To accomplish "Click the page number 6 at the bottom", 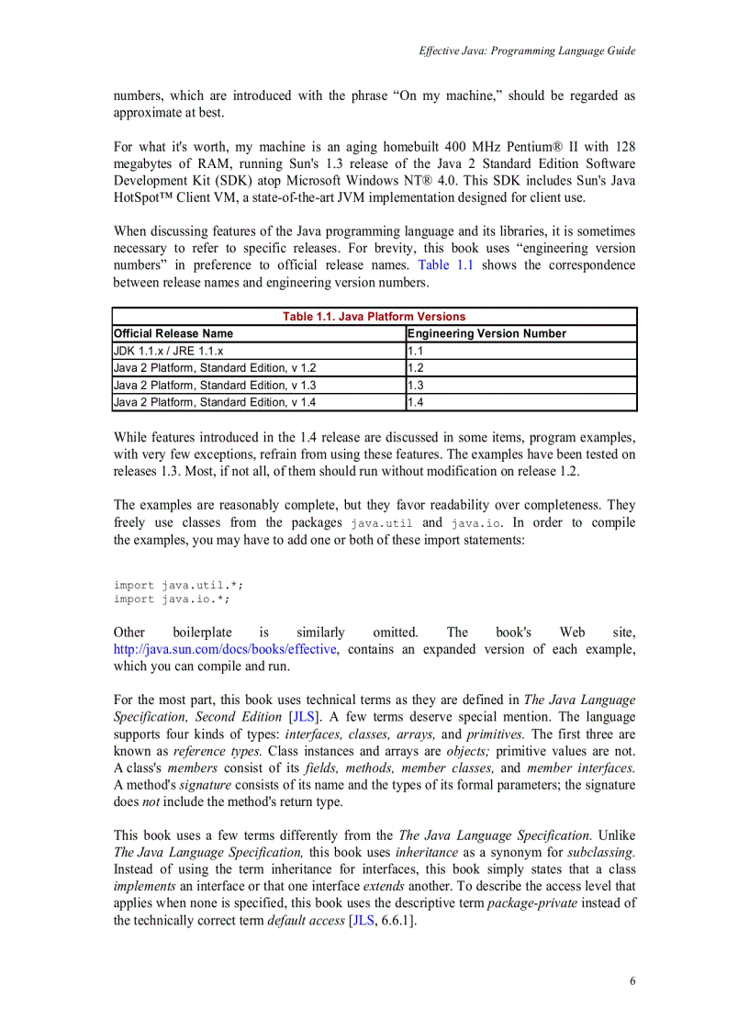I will click(632, 981).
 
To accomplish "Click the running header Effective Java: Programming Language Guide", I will click(527, 51).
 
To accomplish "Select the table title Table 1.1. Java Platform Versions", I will click(374, 317).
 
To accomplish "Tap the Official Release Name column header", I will click(173, 334).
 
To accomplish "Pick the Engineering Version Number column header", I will click(486, 334).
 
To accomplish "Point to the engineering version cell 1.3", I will click(416, 386).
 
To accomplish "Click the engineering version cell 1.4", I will click(416, 402).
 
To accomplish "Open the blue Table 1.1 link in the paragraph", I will click(445, 265).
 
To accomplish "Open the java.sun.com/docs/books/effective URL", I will click(226, 650).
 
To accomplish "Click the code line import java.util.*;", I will click(179, 585).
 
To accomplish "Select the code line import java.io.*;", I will click(172, 600).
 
